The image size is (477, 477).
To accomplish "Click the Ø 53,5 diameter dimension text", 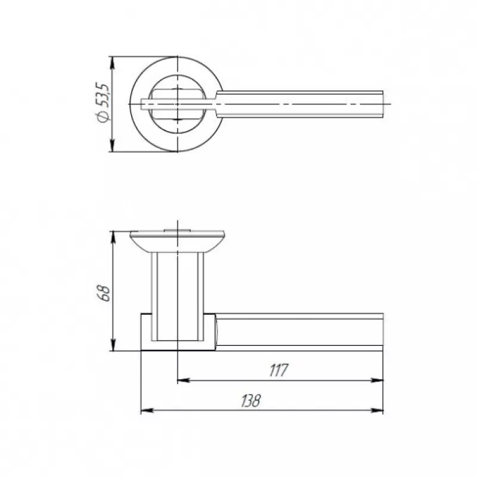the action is (103, 102).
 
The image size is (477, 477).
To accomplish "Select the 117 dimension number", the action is (278, 370).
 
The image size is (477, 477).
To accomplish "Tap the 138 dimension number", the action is (251, 401).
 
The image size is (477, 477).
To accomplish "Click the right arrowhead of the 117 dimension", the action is (377, 380).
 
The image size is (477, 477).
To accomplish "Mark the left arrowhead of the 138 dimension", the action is (147, 411).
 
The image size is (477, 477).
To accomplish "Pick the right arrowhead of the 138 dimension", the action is (377, 411).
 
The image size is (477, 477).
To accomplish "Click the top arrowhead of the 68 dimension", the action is (113, 237).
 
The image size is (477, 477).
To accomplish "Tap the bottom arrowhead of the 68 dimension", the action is (113, 345).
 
